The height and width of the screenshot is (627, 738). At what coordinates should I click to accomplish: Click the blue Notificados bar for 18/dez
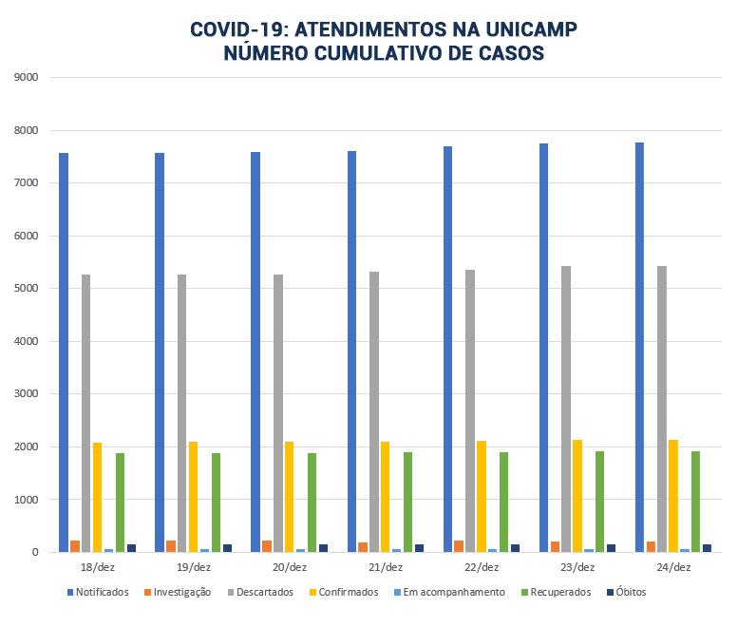coord(64,352)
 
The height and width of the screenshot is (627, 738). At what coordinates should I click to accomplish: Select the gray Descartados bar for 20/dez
coord(278,413)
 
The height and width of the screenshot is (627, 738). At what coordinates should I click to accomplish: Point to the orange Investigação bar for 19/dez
coord(171,546)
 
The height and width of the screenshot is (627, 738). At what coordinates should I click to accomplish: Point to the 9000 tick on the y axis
coord(26,78)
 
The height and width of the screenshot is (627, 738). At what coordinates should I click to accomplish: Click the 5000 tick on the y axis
coord(26,289)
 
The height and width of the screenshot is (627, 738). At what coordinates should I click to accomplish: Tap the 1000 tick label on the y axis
coord(26,500)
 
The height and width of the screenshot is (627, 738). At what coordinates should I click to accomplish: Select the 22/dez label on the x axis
coord(482,567)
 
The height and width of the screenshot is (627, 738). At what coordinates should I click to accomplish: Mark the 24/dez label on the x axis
coord(673,567)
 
